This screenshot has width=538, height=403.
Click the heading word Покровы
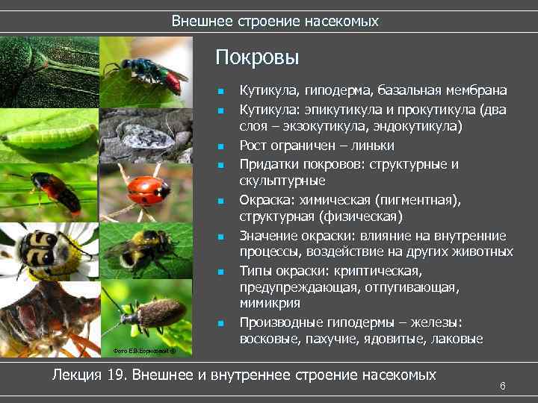click(x=257, y=57)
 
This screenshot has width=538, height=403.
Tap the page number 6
click(x=503, y=386)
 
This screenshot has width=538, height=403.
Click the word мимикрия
click(x=270, y=304)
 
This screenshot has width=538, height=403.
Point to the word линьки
click(x=374, y=145)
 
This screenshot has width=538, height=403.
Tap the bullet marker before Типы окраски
click(x=220, y=271)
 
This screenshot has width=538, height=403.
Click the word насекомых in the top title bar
click(x=341, y=21)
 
